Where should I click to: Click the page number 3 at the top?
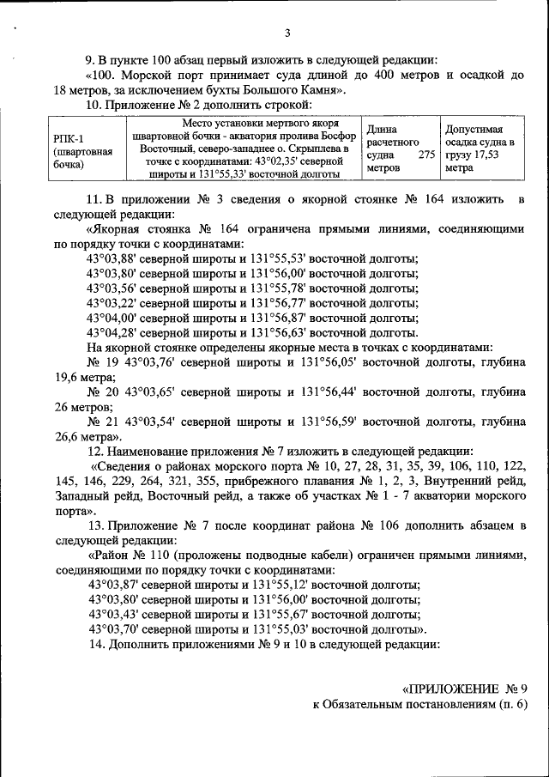click(287, 33)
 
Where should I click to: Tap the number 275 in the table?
click(425, 155)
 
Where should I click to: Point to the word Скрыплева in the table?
click(310, 149)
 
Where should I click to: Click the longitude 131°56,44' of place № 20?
click(330, 392)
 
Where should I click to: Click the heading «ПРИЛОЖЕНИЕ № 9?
click(465, 689)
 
